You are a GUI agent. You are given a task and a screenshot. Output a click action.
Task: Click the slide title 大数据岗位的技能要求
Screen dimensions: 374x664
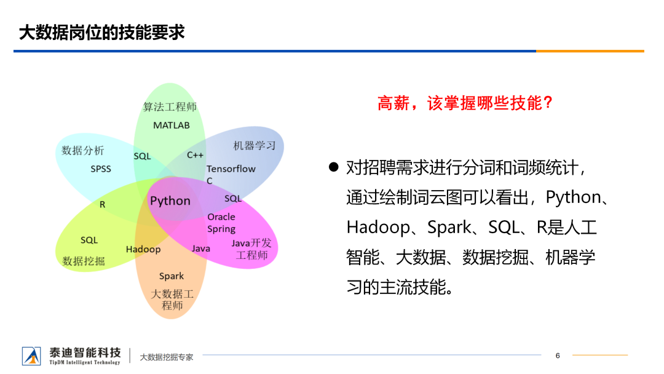[x=101, y=32]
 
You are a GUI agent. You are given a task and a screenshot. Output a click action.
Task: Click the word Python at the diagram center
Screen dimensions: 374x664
[x=170, y=201]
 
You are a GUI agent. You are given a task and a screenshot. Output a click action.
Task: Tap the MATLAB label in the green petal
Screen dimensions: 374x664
[x=172, y=125]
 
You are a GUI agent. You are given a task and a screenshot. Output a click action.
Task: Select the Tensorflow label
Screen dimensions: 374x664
[x=231, y=169]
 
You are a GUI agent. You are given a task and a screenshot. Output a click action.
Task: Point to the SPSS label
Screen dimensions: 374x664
[x=101, y=169]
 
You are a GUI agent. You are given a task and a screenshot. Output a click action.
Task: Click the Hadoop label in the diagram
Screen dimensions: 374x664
[x=143, y=249]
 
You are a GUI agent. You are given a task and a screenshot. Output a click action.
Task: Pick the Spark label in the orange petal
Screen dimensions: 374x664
[x=172, y=276]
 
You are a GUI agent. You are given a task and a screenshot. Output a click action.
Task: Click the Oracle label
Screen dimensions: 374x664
[x=221, y=217]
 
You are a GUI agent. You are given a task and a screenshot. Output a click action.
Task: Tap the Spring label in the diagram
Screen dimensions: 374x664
[x=221, y=229]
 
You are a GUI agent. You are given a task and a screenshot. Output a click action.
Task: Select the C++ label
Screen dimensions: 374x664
[x=195, y=155]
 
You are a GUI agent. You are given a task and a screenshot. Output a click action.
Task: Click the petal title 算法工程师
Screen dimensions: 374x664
[x=170, y=107]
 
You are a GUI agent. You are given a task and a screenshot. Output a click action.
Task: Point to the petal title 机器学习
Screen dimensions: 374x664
[x=255, y=146]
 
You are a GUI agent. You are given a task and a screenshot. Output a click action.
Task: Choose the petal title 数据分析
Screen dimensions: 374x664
[x=83, y=150]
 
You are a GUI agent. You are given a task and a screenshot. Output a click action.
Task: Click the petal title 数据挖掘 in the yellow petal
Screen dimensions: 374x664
[x=84, y=261]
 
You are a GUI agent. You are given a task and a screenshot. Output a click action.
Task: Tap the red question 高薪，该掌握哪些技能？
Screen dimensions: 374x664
[x=465, y=103]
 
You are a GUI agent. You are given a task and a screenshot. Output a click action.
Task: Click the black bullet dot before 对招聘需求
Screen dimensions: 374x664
[x=334, y=167]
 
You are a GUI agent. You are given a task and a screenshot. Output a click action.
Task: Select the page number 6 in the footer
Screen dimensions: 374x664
[x=558, y=356]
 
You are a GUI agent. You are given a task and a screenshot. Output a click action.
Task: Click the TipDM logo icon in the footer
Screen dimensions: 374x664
[x=31, y=356]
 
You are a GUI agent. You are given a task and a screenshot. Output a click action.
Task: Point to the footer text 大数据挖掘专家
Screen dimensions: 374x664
[x=167, y=357]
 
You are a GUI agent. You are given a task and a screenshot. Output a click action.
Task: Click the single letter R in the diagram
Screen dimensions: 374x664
[x=103, y=205]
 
